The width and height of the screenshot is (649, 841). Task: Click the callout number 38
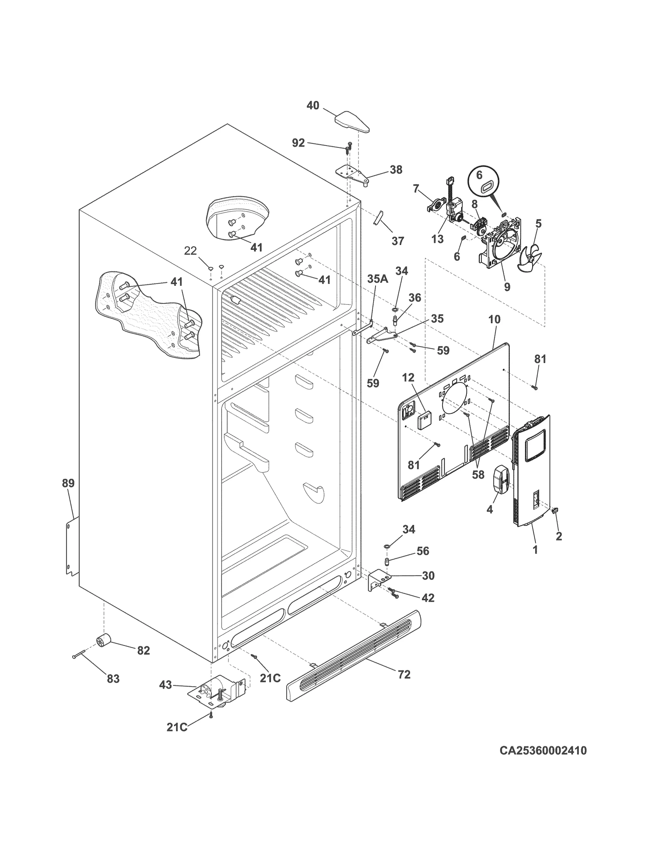click(x=396, y=170)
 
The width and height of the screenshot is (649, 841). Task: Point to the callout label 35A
click(x=378, y=279)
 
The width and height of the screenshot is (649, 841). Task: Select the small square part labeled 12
click(x=424, y=419)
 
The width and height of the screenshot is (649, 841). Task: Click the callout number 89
click(x=68, y=483)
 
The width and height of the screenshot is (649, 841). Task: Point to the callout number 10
click(x=494, y=319)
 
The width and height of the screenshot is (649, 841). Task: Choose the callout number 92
click(x=298, y=143)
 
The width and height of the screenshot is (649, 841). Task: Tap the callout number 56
click(x=422, y=551)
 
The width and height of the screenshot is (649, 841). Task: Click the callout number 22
click(x=190, y=251)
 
